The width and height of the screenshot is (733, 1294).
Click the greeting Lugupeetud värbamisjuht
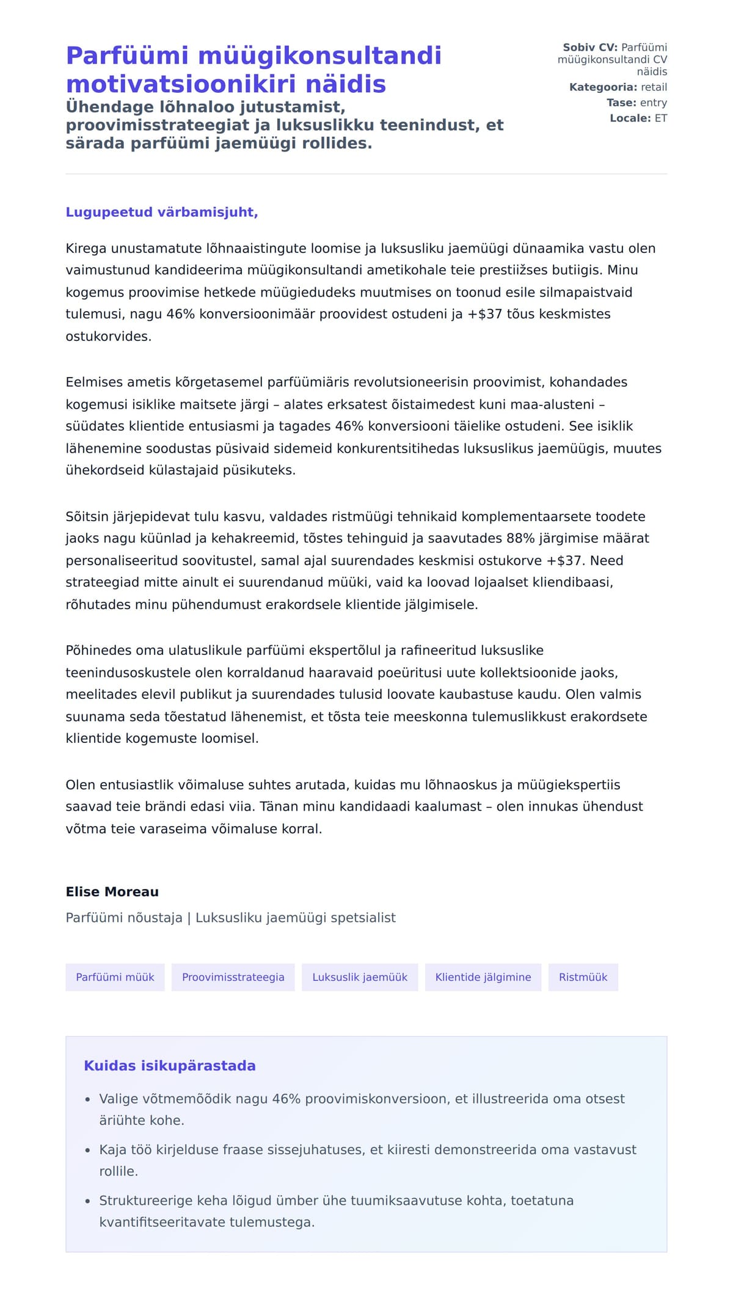[x=162, y=212]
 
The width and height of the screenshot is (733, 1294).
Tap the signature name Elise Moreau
[x=112, y=891]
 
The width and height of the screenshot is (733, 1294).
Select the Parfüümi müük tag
[x=115, y=977]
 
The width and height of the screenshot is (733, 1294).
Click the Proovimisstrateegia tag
[x=233, y=977]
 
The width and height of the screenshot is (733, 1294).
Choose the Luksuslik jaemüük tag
[x=360, y=977]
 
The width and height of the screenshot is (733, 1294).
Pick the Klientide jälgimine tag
[x=483, y=977]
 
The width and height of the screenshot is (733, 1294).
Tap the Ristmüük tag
[x=583, y=977]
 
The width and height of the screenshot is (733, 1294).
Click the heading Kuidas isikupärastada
[x=170, y=1066]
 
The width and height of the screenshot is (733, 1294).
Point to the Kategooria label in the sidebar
[x=603, y=87]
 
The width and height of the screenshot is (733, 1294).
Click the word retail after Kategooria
[x=654, y=87]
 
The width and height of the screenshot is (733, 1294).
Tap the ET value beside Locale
[x=661, y=118]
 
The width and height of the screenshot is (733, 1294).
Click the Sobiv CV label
[x=589, y=48]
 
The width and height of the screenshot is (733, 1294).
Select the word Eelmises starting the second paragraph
[x=94, y=382]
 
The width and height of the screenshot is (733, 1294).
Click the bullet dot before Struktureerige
[x=88, y=1201]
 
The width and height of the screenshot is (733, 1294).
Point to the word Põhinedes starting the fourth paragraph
[x=98, y=651]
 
